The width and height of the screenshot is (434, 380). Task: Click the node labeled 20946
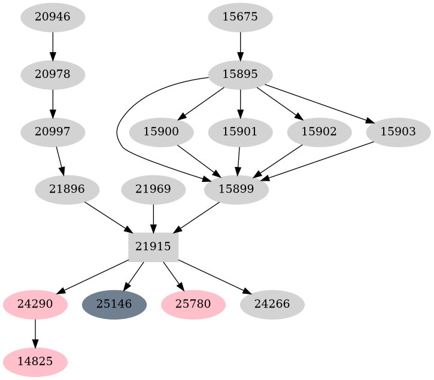tap(53, 17)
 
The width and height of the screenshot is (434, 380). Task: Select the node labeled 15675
tap(240, 17)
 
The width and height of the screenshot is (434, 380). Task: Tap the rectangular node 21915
tap(153, 246)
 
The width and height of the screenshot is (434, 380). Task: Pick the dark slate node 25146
tap(114, 304)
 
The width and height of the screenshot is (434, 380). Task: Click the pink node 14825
tap(35, 361)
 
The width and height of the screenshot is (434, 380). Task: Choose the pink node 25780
tap(193, 304)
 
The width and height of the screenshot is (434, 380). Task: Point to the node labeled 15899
tap(236, 189)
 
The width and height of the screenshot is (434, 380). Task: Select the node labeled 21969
tap(153, 189)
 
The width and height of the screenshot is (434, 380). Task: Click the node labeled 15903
tap(397, 132)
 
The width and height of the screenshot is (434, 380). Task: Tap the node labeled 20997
tap(53, 132)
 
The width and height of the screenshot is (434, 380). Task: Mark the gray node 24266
tap(272, 304)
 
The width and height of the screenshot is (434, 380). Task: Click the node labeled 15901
tap(240, 132)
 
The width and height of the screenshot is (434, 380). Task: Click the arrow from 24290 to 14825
tap(35, 333)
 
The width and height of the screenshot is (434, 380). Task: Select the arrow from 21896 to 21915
tap(108, 217)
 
